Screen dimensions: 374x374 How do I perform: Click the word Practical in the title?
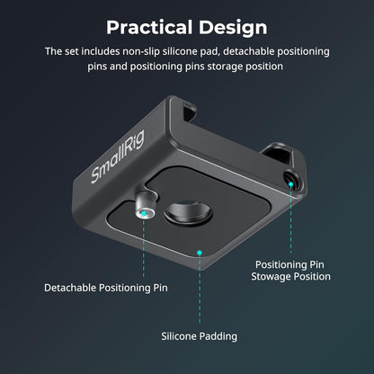149,27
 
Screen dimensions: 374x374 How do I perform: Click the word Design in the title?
233,28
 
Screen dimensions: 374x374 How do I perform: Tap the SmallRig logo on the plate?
118,156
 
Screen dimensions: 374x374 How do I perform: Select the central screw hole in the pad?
189,213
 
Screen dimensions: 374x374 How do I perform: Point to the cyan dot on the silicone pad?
200,253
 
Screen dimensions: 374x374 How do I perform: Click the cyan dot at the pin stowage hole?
290,184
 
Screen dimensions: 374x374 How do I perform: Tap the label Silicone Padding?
200,336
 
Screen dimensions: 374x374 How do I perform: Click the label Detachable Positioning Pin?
106,288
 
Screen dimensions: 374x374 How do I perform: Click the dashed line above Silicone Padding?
200,289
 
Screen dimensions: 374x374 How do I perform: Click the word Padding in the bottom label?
218,336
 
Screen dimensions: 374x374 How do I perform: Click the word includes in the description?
101,51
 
